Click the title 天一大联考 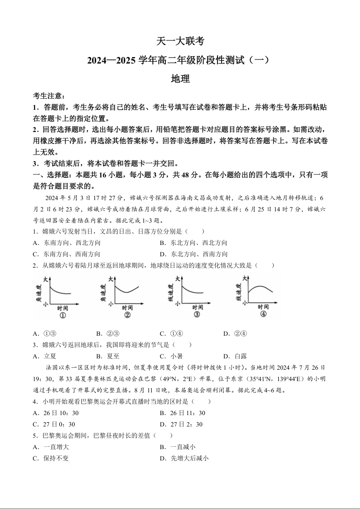[x=180, y=41]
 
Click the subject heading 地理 [x=180, y=78]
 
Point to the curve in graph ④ [x=259, y=288]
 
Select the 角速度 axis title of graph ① [x=39, y=293]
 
